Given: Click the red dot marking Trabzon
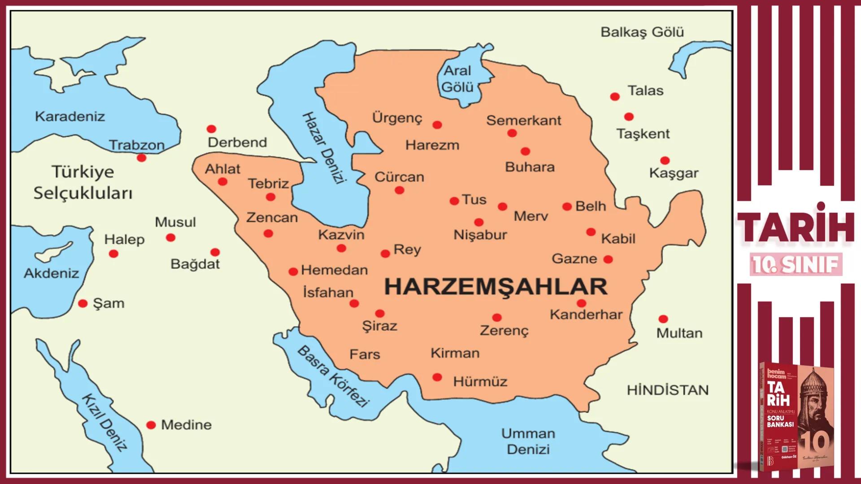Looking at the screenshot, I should tap(142, 158).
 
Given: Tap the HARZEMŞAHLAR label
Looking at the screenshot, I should tap(496, 287).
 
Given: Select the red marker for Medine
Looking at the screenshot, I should tap(151, 425).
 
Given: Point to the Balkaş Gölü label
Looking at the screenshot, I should tap(642, 32).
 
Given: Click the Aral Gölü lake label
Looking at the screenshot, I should tap(457, 79).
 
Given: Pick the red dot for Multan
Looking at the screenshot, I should tap(663, 319).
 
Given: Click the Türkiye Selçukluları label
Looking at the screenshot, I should tap(83, 182).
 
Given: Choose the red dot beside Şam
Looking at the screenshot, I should tap(83, 303).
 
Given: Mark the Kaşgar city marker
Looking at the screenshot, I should tap(665, 160).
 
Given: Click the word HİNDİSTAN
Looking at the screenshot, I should tap(668, 390).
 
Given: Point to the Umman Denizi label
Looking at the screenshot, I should tap(528, 441).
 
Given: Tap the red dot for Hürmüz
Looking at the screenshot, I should tap(437, 377).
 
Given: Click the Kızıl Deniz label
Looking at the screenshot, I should tap(104, 423).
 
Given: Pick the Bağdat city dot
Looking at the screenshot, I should tap(215, 252).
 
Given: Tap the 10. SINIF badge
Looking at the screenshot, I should tap(796, 265).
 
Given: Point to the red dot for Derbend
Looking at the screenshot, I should tap(211, 129).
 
